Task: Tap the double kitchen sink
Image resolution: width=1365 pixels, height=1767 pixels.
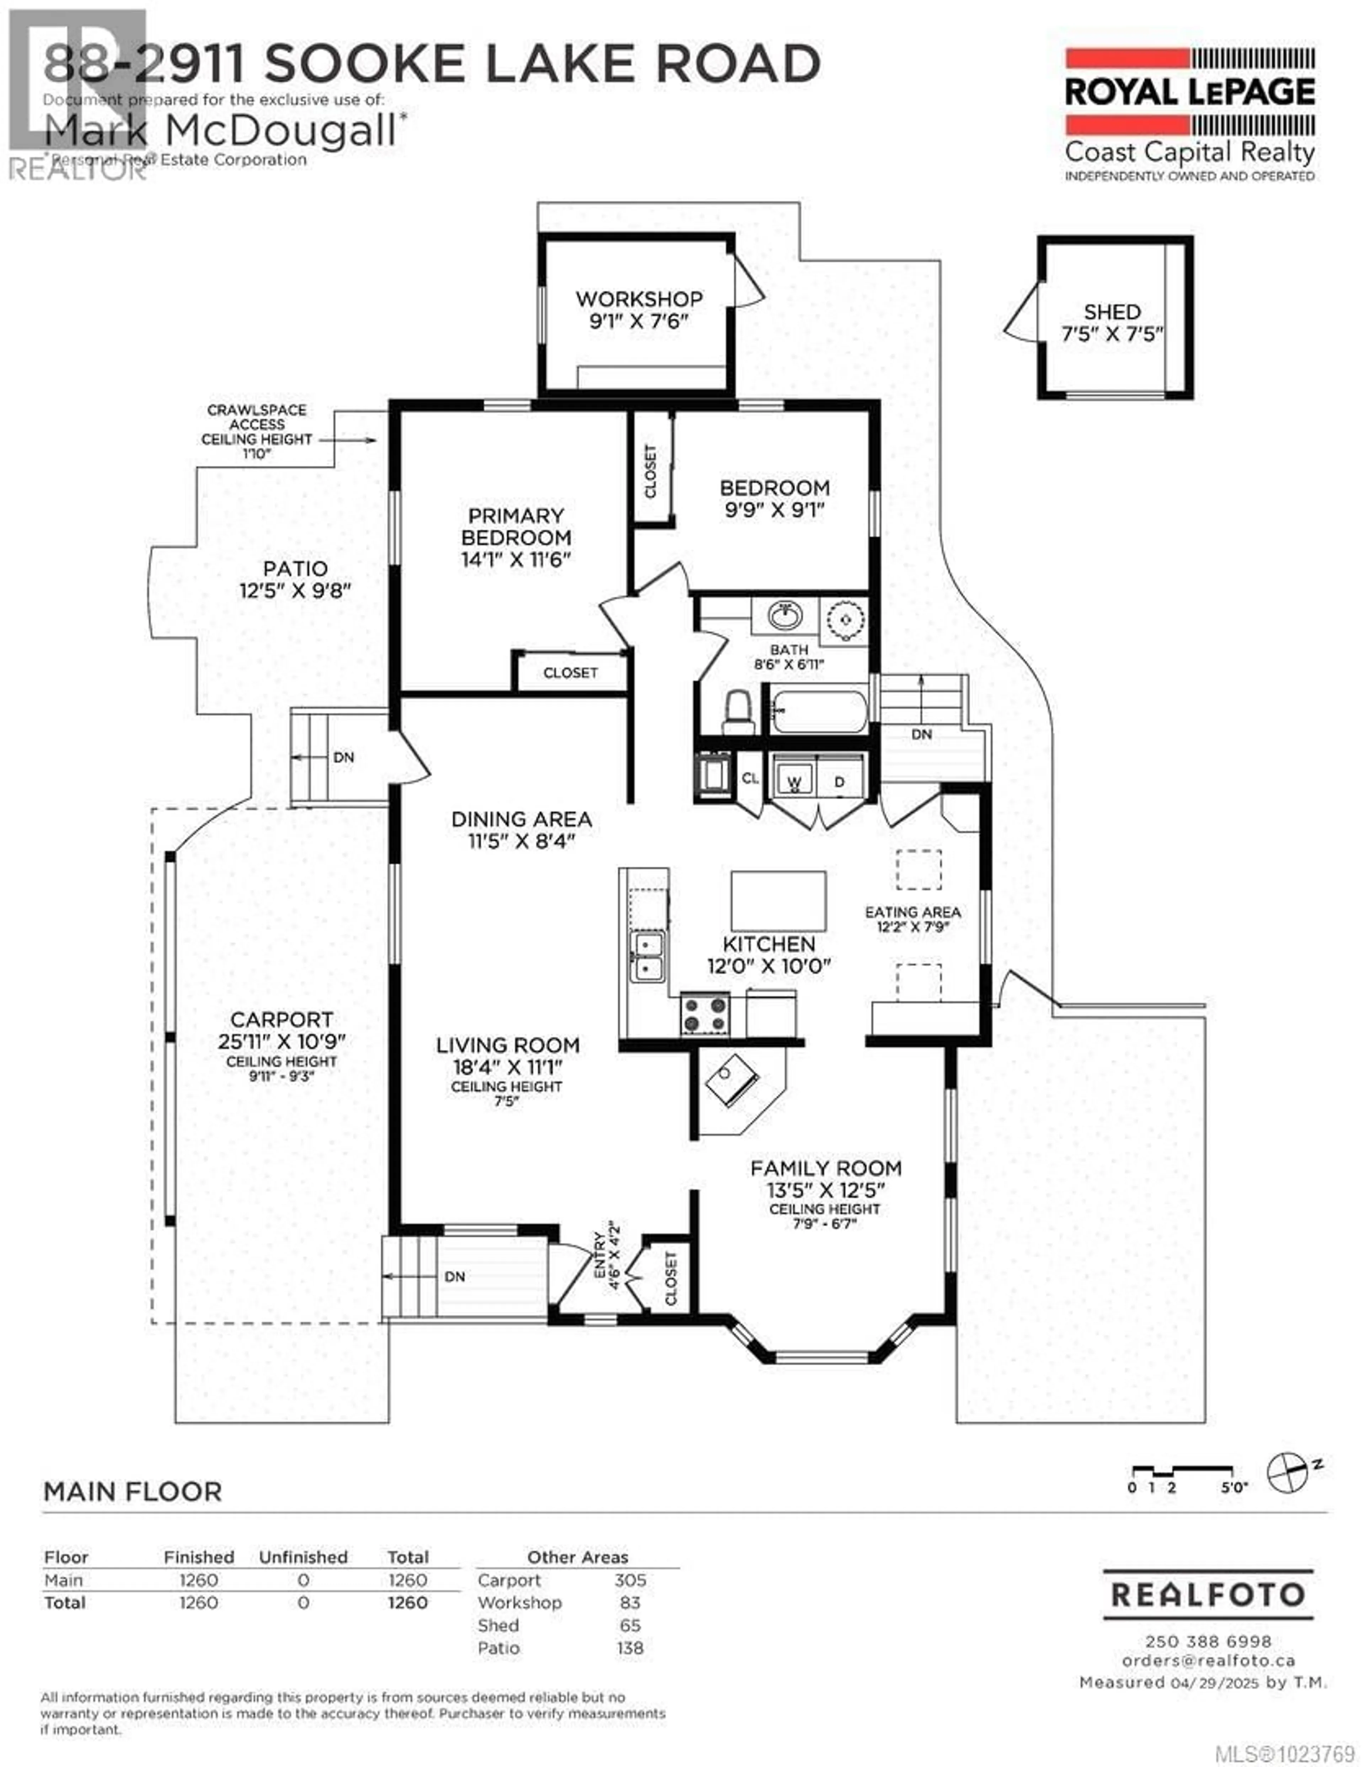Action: [648, 956]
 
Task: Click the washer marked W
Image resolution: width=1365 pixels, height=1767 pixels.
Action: [794, 782]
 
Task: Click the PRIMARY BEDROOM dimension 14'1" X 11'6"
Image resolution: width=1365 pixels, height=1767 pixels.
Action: [516, 559]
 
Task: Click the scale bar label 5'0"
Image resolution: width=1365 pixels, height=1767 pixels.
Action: [1234, 1487]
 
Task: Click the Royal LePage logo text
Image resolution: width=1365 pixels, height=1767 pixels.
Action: [1189, 92]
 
